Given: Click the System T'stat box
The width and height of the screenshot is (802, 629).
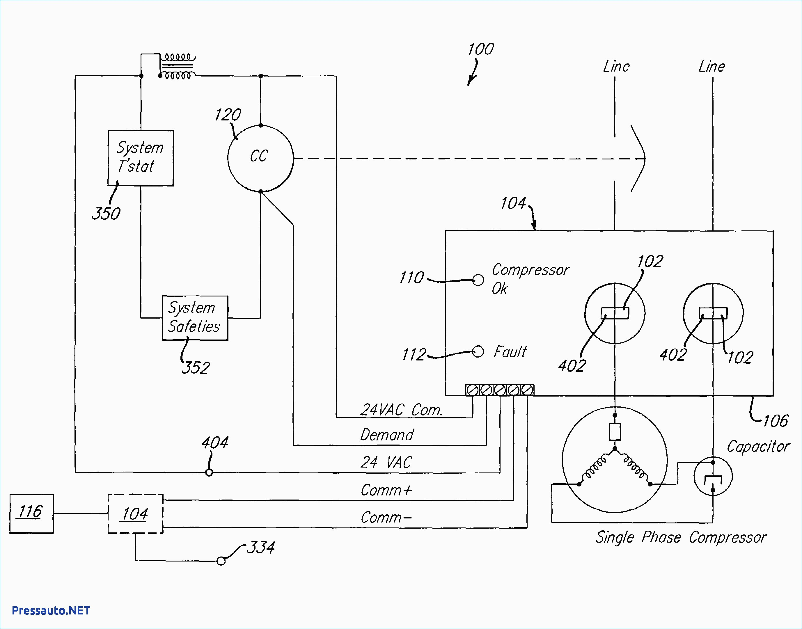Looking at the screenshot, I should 140,158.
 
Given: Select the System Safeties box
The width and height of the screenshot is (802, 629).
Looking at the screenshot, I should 195,317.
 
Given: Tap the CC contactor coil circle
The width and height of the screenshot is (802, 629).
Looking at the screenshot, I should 260,158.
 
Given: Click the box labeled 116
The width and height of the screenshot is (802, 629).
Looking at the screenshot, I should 31,513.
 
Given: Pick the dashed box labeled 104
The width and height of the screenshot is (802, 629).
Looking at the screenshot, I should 135,513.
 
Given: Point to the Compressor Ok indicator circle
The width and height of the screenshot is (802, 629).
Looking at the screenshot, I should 478,280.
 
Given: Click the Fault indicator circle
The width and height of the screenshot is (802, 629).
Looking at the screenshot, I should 478,352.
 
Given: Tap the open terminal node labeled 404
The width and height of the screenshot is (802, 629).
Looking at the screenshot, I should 209,472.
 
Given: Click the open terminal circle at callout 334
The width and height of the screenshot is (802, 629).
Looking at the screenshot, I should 221,561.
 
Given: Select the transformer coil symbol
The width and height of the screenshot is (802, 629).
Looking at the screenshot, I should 178,67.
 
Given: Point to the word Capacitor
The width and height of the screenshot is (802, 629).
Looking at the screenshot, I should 758,447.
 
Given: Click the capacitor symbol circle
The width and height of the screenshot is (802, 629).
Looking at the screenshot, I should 713,476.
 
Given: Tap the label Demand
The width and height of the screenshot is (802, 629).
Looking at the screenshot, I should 387,435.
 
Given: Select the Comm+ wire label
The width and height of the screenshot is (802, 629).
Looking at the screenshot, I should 386,490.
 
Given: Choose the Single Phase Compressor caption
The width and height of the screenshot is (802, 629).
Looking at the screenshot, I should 681,537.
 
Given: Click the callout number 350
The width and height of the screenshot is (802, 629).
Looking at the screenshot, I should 106,214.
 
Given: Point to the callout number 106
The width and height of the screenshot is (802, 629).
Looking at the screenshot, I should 775,421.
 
